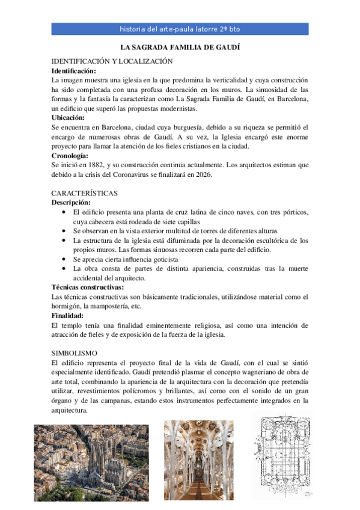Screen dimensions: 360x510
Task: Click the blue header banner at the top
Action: [180, 29]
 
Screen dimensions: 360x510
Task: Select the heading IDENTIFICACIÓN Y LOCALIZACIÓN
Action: [112, 61]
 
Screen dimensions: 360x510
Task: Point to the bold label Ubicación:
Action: [69, 118]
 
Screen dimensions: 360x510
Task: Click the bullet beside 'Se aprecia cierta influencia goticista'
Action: [65, 259]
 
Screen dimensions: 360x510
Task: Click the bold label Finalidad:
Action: [67, 316]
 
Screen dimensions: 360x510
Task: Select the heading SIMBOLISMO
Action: [75, 353]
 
